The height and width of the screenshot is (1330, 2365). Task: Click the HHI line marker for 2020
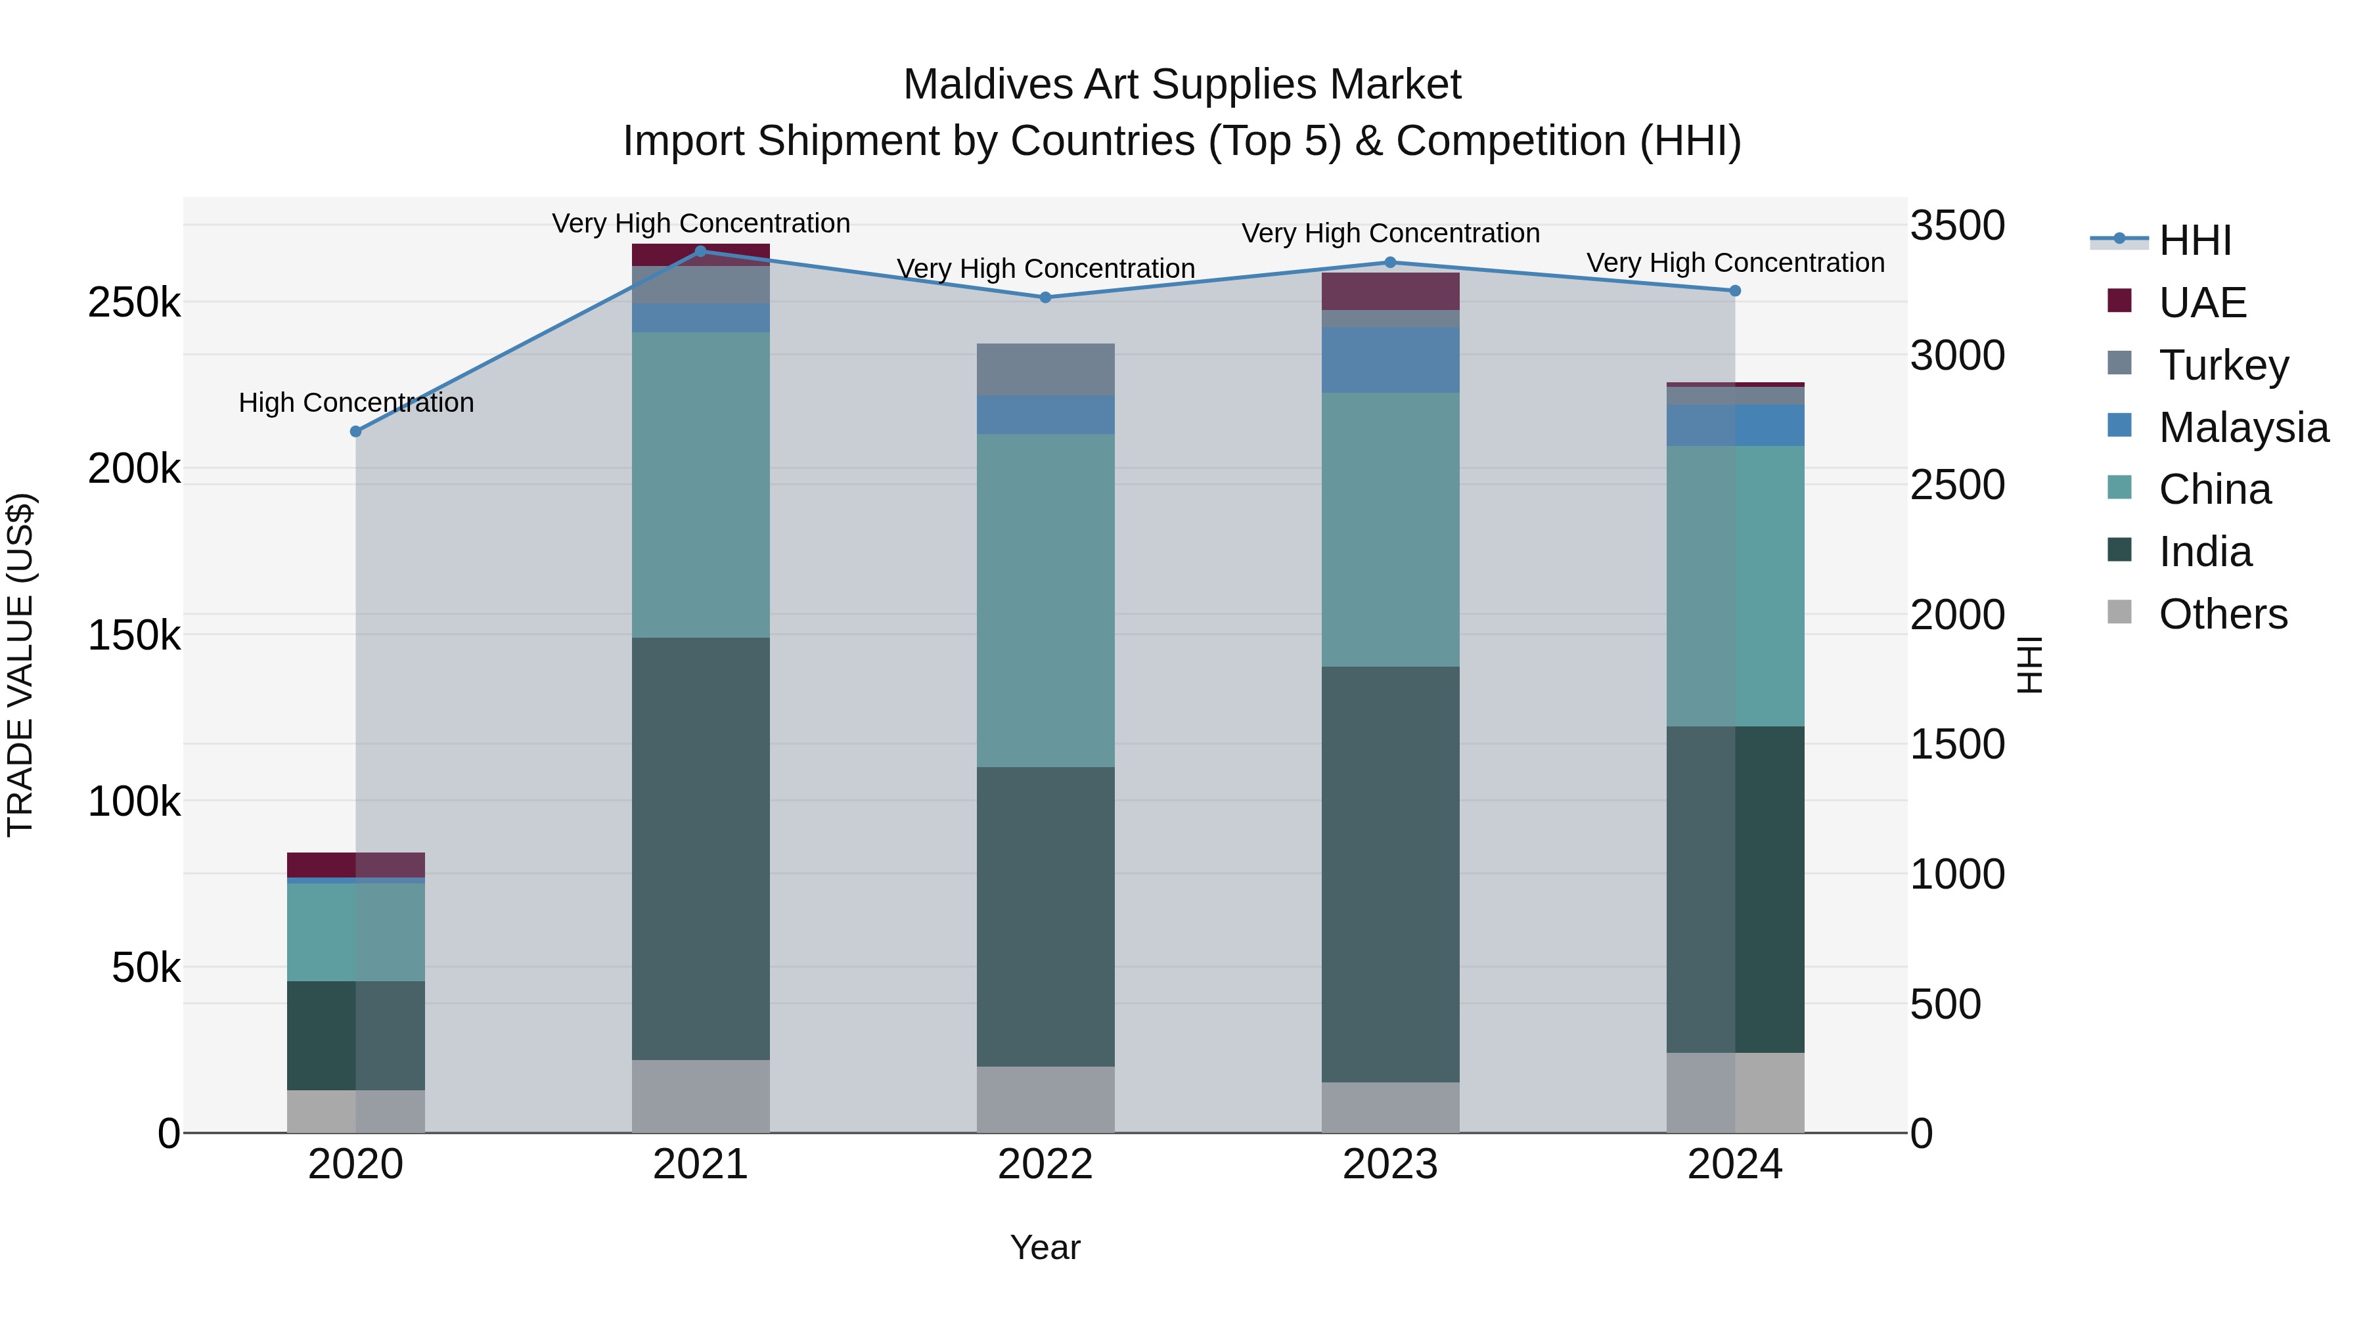(356, 432)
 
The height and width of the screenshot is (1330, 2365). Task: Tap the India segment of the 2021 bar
(700, 849)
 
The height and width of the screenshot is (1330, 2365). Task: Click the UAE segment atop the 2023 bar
(1390, 291)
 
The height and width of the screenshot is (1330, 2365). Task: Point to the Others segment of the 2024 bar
(1735, 1092)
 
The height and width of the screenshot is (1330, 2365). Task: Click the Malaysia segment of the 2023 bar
(1390, 360)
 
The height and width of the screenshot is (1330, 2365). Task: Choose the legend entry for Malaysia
(2243, 428)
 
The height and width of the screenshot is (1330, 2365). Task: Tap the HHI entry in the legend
(2194, 240)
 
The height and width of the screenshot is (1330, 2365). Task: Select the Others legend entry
(2222, 614)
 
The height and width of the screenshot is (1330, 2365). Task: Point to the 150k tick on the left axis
(134, 635)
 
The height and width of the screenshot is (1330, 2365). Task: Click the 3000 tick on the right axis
(1958, 355)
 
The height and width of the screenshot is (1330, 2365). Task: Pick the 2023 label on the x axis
(1390, 1164)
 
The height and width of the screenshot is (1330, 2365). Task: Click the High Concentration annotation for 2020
(356, 403)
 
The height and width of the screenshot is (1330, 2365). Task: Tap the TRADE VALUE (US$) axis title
(20, 665)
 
